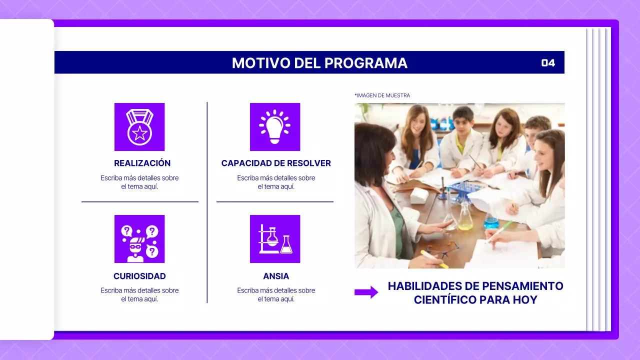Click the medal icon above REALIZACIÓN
tap(139, 127)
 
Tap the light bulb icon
tap(274, 127)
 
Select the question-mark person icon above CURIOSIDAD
tap(139, 239)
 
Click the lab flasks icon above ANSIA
tap(274, 239)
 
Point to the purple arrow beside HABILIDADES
tap(366, 292)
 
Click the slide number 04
tap(548, 63)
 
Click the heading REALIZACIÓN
tap(142, 163)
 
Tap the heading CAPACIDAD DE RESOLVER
tap(276, 163)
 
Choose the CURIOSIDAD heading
tap(139, 276)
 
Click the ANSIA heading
tap(276, 276)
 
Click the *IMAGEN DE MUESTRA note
tap(382, 95)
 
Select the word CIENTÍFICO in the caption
tap(444, 300)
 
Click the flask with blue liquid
tap(491, 220)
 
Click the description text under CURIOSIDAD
tap(139, 294)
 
